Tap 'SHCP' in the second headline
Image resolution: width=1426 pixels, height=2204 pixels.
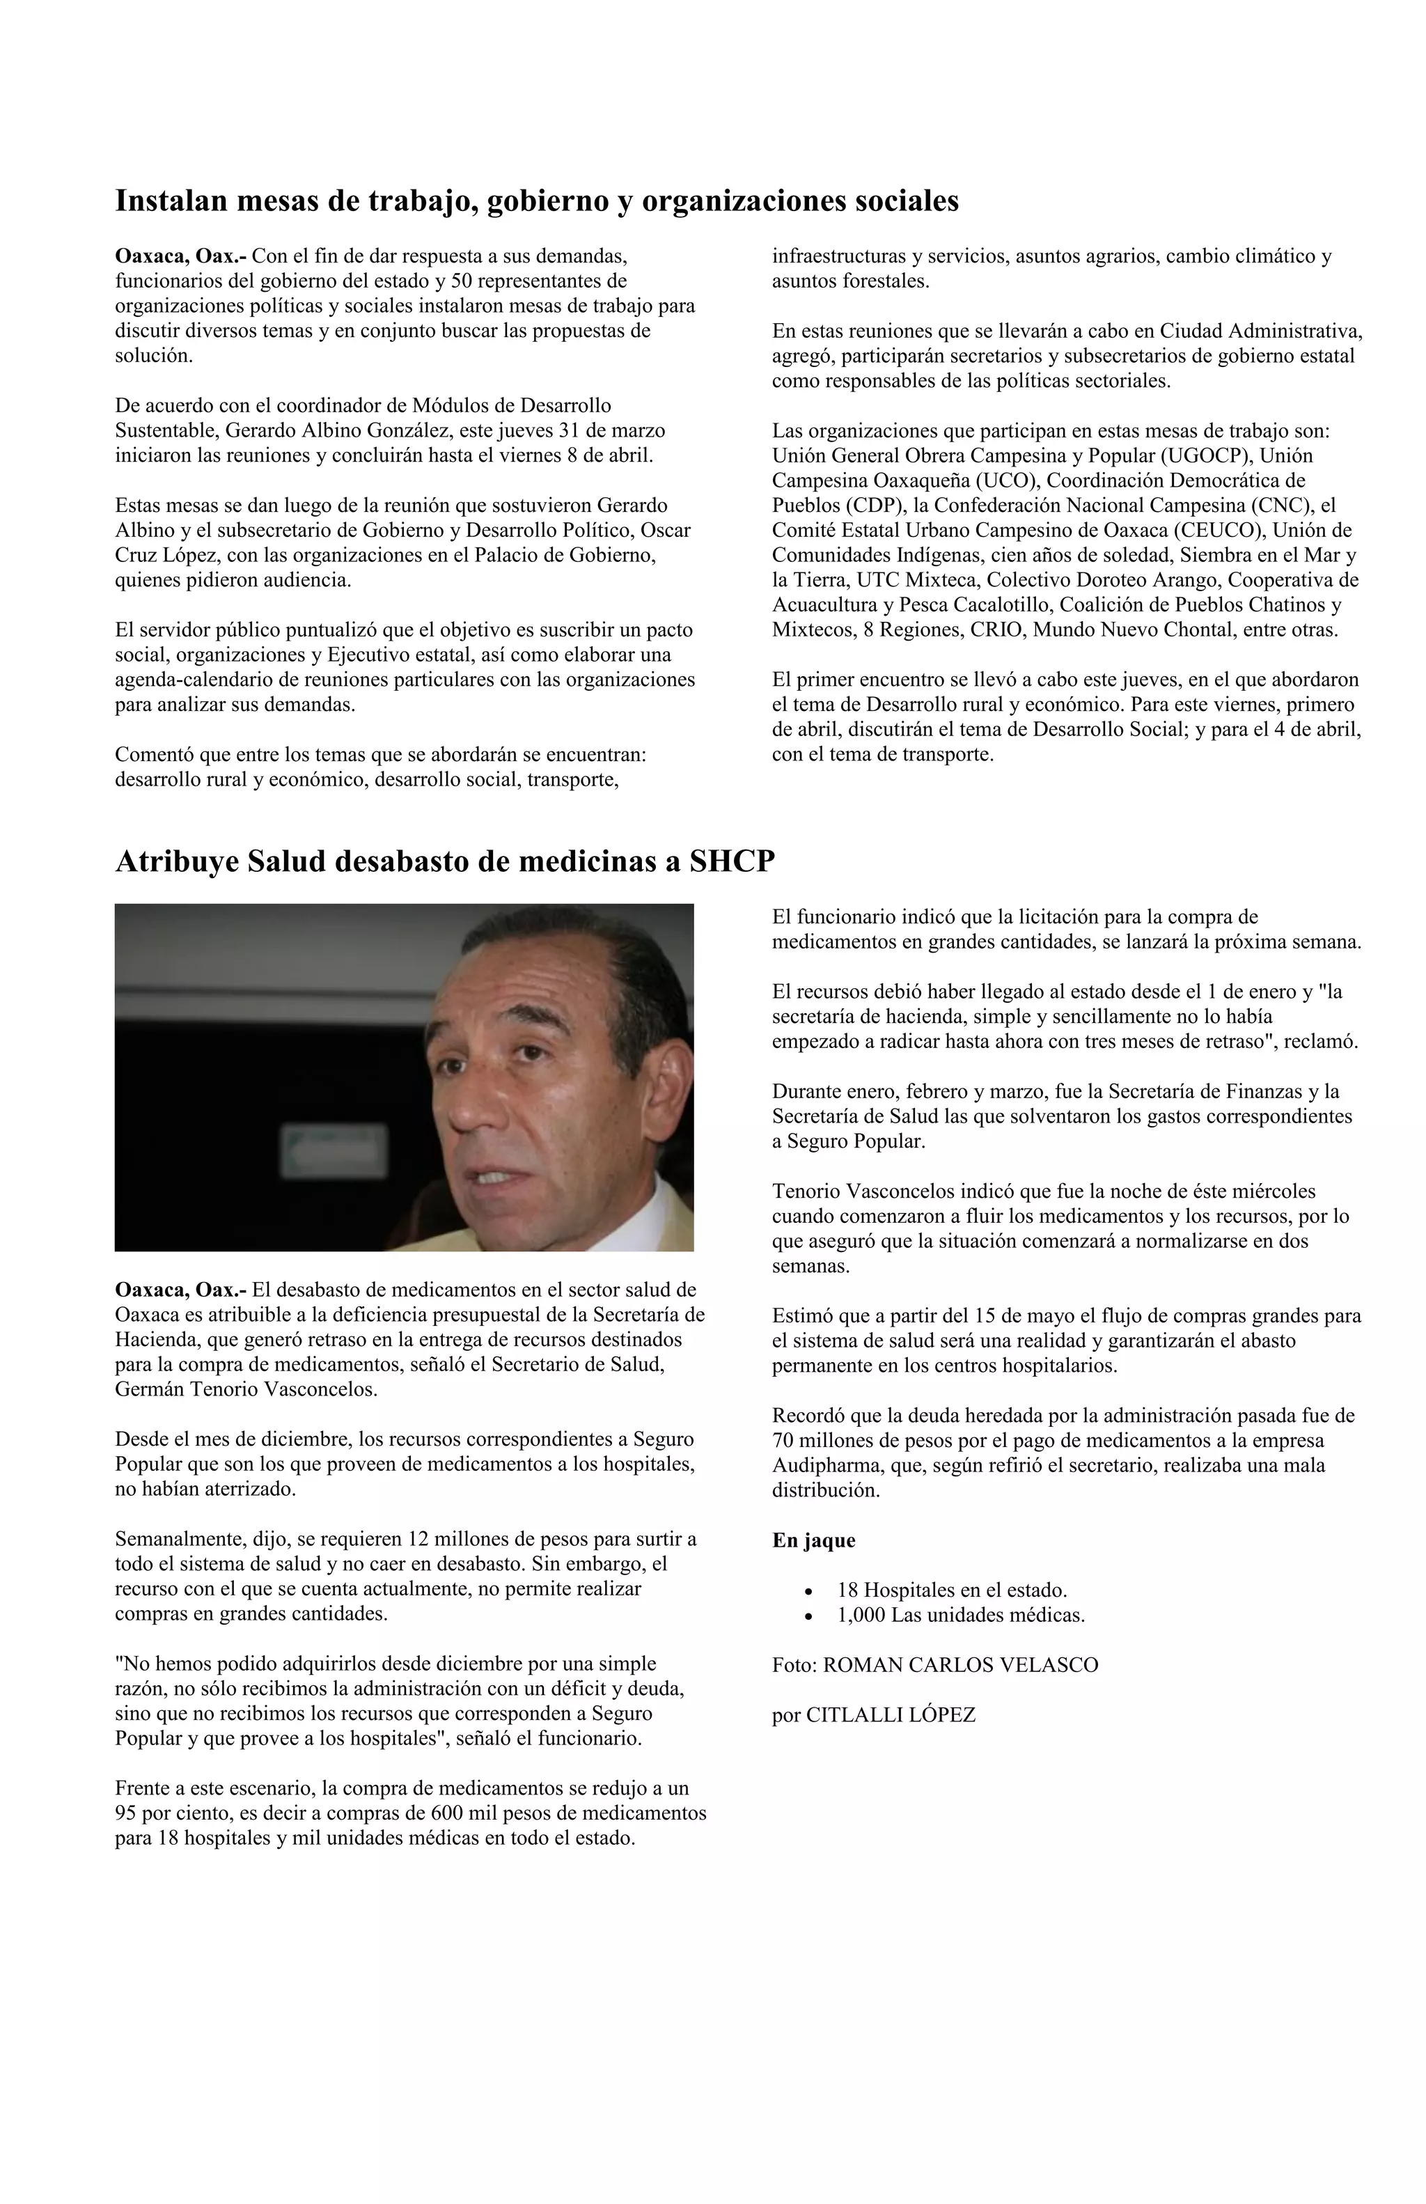coord(732,862)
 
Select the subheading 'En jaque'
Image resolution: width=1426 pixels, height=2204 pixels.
coord(813,1541)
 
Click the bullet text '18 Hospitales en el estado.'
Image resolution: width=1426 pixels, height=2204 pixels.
coord(952,1591)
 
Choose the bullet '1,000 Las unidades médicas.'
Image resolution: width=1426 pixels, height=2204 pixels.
coord(960,1616)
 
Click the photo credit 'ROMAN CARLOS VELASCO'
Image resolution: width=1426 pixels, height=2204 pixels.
coord(960,1665)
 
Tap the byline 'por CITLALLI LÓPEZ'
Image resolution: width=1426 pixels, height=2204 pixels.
coord(873,1715)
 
